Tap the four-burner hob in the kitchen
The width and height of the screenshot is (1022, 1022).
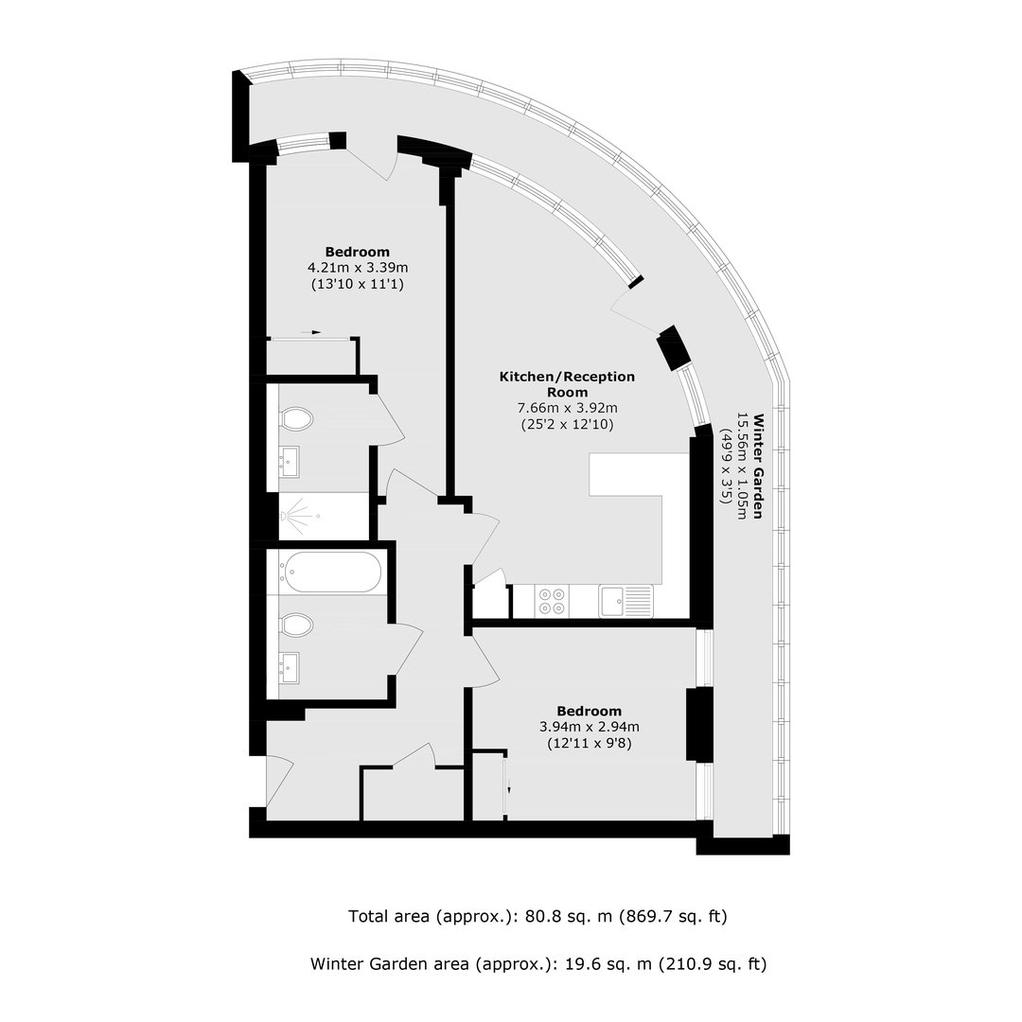[552, 601]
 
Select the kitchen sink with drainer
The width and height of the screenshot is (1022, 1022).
[626, 601]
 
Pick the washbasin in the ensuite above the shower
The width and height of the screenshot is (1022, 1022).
[290, 462]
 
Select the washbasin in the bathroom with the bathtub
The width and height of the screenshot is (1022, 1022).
[290, 667]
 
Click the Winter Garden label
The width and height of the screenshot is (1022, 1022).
[758, 466]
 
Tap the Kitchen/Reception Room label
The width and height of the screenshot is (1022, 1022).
[567, 384]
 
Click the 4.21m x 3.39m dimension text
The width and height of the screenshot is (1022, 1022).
[358, 268]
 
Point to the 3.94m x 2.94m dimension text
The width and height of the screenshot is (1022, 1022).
[590, 727]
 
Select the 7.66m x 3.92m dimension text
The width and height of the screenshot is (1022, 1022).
[567, 409]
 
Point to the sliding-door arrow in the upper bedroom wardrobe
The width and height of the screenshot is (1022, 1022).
[311, 332]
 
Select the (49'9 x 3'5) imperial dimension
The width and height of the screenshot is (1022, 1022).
[725, 466]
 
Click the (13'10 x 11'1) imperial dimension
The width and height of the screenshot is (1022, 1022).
[358, 284]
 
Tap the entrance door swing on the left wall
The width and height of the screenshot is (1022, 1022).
[279, 781]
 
